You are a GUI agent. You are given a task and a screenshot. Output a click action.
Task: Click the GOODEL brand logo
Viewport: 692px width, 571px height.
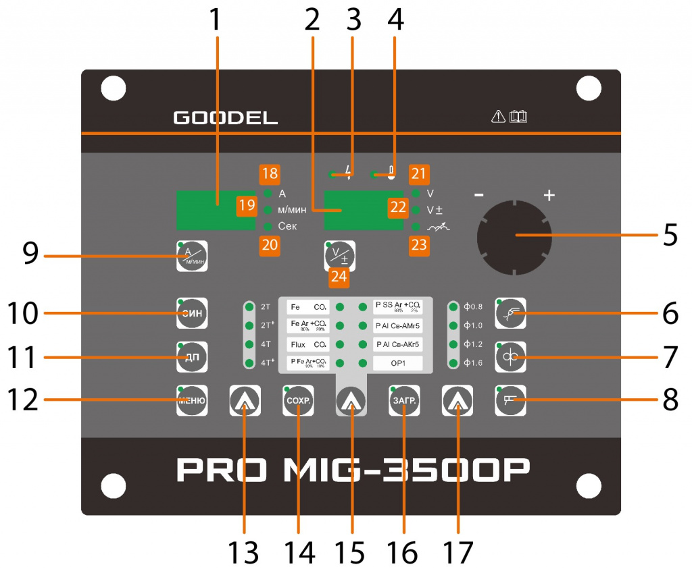[226, 117]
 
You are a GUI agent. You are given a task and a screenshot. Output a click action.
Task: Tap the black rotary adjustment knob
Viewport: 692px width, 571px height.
[514, 235]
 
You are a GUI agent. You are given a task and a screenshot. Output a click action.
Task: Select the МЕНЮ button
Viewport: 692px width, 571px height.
[191, 400]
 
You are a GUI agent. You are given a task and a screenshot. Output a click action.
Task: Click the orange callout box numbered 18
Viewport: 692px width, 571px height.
[269, 173]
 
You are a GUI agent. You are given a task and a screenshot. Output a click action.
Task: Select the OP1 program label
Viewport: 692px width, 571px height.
[398, 363]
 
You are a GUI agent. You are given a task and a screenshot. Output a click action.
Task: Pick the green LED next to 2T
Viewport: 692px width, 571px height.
[249, 307]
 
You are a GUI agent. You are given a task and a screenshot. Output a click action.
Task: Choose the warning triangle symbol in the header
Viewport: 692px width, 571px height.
[498, 117]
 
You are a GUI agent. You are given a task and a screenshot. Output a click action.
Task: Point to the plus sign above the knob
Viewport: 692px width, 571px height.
[549, 196]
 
